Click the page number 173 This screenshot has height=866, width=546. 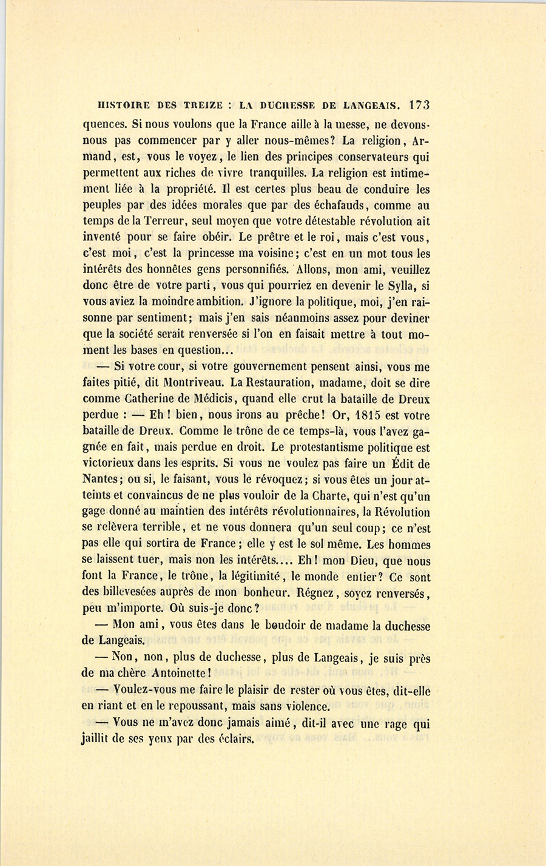pos(419,104)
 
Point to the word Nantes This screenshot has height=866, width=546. pos(99,480)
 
